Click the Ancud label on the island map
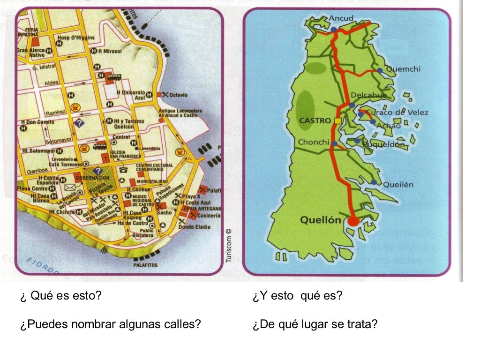341,18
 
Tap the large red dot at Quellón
353,220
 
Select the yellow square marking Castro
338,121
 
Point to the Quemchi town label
403,69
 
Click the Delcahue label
369,96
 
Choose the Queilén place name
398,184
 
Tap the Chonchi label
314,142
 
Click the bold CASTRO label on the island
315,120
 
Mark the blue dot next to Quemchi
380,70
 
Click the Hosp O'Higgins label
75,37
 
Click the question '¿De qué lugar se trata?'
315,324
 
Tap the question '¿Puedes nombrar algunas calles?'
111,324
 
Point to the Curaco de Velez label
390,112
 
